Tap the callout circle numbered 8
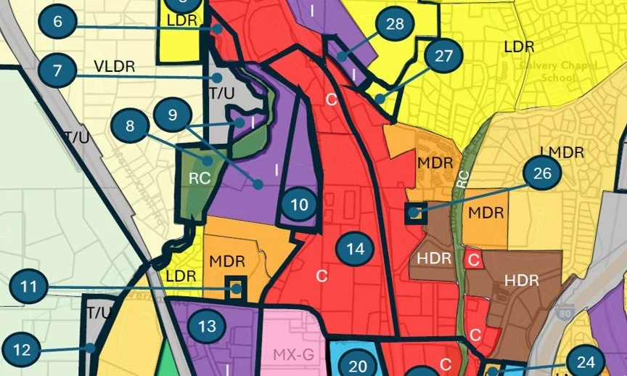(x=130, y=126)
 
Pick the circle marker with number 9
(x=171, y=115)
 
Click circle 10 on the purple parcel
(x=299, y=205)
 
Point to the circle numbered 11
(x=28, y=287)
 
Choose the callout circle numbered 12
(x=22, y=350)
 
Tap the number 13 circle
(x=207, y=327)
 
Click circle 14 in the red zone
(x=355, y=250)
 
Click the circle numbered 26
(x=542, y=173)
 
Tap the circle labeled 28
(x=395, y=25)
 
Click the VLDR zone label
(x=115, y=67)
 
